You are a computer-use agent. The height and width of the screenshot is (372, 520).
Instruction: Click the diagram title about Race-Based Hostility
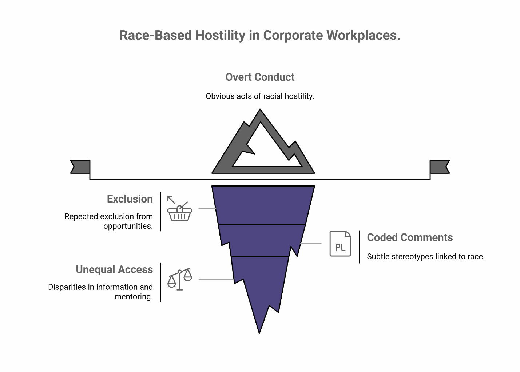coord(259,35)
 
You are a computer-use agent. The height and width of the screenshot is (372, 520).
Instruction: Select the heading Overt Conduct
coord(260,77)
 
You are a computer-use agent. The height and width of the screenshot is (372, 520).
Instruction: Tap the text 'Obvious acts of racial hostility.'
coord(259,96)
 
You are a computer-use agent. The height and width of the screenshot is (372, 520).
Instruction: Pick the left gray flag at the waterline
coord(80,167)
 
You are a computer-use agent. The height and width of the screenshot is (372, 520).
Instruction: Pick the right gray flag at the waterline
coord(440,167)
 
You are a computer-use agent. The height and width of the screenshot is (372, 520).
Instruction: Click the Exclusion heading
coord(130,199)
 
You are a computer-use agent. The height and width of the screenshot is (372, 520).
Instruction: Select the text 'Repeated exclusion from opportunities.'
coord(109,221)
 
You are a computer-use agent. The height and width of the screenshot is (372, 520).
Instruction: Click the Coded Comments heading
coord(410,237)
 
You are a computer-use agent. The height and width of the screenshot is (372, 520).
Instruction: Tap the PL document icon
coord(340,244)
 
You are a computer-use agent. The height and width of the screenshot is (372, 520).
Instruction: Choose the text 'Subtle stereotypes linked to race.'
coord(426,257)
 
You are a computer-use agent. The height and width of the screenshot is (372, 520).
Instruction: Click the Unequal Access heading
coord(114,269)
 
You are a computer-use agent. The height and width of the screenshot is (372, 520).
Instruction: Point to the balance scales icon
coord(180,279)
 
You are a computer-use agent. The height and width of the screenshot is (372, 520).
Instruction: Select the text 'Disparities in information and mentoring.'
coord(101,292)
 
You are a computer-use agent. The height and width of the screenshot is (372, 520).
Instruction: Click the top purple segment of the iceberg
coord(263,205)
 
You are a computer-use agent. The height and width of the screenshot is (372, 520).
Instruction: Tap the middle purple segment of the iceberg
coord(261,240)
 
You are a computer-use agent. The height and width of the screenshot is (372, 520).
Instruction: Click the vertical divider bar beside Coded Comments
coord(360,247)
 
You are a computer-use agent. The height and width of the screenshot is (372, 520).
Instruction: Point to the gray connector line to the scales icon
coord(216,279)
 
